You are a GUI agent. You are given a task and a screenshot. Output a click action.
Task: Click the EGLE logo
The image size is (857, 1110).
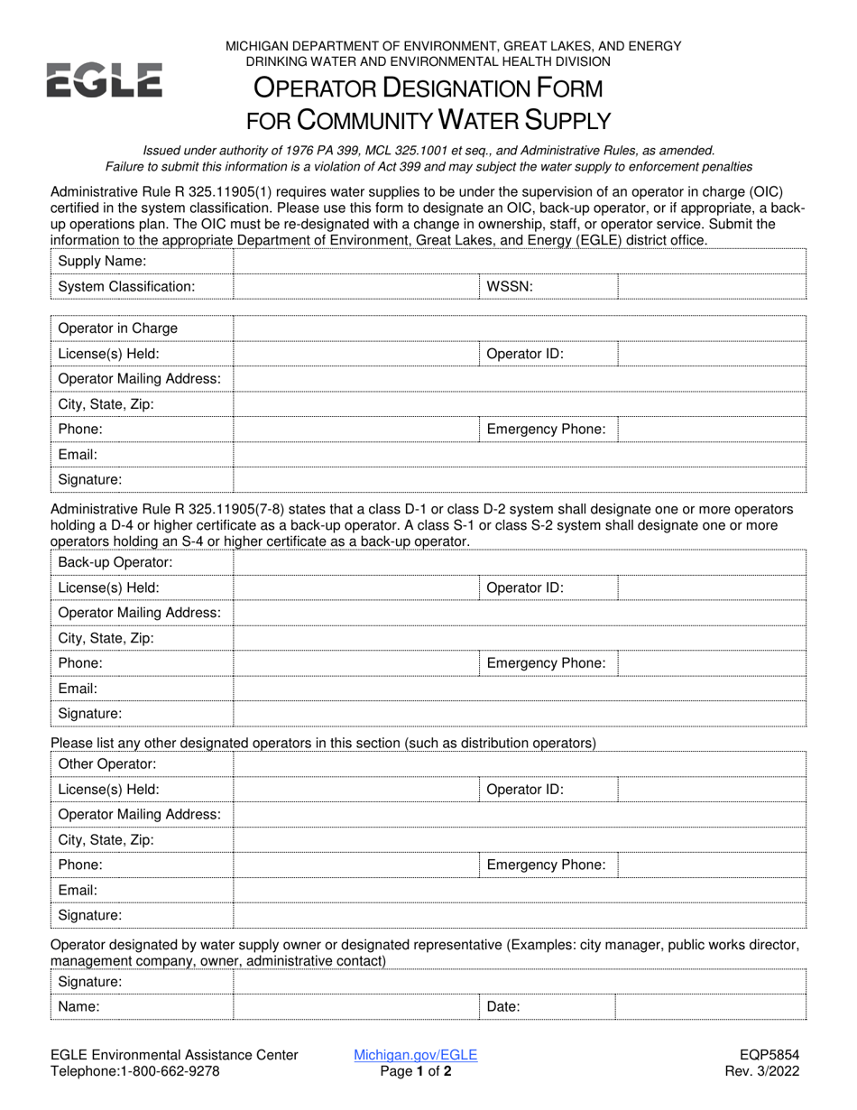click(104, 79)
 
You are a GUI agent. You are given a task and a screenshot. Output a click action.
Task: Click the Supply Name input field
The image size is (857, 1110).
click(519, 261)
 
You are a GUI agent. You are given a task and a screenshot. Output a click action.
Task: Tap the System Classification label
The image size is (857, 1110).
click(126, 286)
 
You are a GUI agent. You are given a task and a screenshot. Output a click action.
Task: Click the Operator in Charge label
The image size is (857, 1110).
click(117, 328)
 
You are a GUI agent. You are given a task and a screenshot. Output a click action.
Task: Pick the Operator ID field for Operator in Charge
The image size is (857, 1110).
click(712, 354)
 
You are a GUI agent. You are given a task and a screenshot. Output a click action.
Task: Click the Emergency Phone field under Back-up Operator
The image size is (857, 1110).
click(712, 663)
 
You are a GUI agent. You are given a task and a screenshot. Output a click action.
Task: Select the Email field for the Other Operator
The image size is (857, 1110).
click(519, 890)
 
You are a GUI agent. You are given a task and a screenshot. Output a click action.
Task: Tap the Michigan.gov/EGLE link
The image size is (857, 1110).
click(416, 1054)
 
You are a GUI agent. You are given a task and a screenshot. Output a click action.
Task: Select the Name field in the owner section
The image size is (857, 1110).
click(355, 1006)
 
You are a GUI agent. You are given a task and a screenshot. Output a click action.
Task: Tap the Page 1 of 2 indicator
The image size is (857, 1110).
click(416, 1071)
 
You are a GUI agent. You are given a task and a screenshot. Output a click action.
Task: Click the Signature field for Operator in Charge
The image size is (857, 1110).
click(519, 480)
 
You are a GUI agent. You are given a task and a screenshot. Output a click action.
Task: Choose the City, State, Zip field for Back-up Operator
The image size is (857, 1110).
click(519, 638)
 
